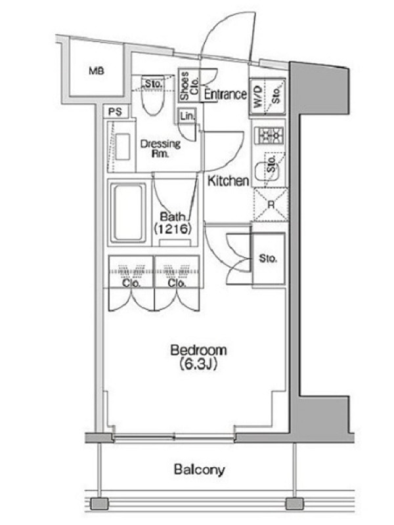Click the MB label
click(97, 71)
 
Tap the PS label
click(116, 112)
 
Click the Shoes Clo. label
click(189, 85)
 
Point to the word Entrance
click(225, 94)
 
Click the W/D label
click(257, 98)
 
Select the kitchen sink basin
click(266, 171)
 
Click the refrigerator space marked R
click(271, 205)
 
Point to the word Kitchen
click(228, 181)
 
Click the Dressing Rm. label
click(160, 149)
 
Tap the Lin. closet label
click(187, 116)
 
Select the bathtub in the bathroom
click(128, 213)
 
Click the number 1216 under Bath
click(173, 228)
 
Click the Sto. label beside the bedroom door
click(268, 259)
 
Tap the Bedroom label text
click(198, 350)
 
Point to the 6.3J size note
click(198, 364)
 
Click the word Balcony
click(200, 469)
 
